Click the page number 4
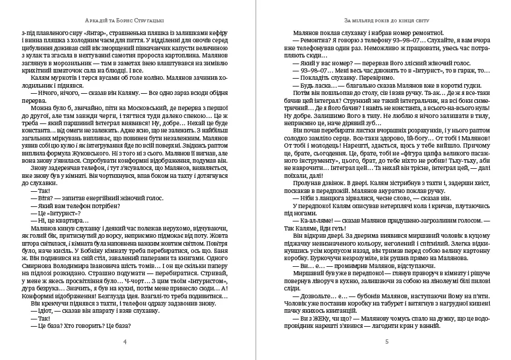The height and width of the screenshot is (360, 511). click(124, 342)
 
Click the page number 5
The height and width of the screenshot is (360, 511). click(386, 342)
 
